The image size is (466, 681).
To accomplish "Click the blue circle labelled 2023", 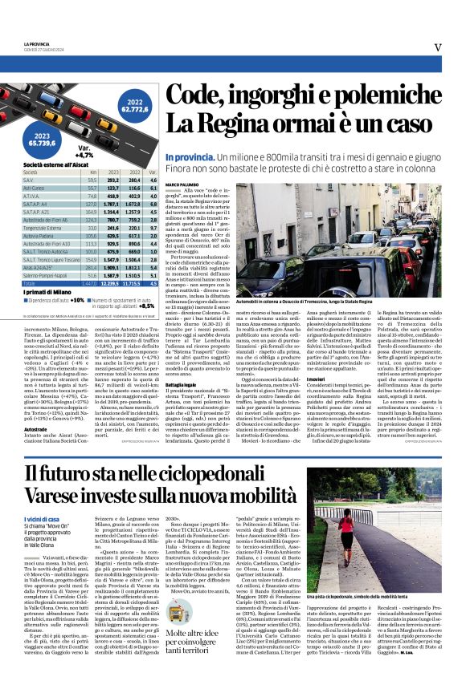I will coord(46,139).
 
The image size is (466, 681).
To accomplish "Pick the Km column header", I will coord(93,172).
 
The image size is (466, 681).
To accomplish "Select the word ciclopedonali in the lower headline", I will coord(243,475).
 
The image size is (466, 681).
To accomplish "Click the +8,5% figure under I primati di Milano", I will coord(147,306).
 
